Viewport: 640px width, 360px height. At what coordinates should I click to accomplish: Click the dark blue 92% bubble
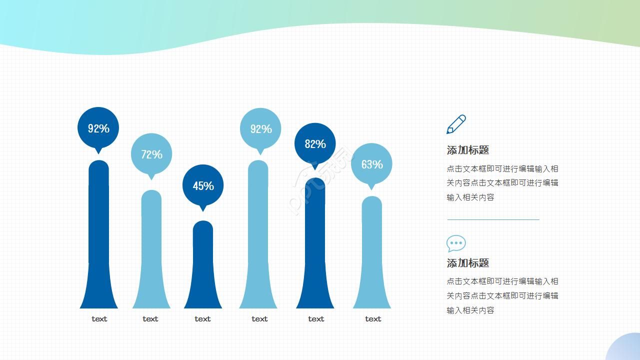tap(98, 129)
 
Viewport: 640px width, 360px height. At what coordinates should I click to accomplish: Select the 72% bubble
tap(151, 155)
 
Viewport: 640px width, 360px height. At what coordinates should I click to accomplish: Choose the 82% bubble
tap(315, 145)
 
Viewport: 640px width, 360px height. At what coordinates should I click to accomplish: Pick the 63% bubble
tap(371, 165)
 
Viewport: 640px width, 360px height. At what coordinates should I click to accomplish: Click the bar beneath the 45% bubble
tap(203, 264)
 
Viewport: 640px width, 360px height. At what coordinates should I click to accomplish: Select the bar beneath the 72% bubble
tap(151, 249)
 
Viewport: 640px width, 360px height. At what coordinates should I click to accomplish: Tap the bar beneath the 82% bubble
tap(315, 243)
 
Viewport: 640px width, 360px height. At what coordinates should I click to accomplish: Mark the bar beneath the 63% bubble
tap(371, 252)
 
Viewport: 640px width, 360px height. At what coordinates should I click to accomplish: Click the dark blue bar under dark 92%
tap(98, 234)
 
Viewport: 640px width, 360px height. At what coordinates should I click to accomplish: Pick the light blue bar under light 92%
tap(258, 234)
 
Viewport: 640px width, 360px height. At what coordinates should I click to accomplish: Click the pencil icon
tap(456, 124)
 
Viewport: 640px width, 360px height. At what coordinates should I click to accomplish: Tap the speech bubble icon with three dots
tap(456, 243)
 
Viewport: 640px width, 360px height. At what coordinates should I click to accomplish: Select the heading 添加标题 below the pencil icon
tap(467, 150)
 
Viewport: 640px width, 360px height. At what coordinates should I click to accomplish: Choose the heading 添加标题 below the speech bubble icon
tap(467, 263)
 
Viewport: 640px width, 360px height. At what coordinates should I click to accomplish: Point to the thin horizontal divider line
tap(493, 219)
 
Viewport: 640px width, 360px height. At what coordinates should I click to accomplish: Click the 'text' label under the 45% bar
tap(202, 319)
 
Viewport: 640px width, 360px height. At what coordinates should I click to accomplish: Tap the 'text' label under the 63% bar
tap(373, 319)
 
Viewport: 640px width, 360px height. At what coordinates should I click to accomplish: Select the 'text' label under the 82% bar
tap(316, 319)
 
